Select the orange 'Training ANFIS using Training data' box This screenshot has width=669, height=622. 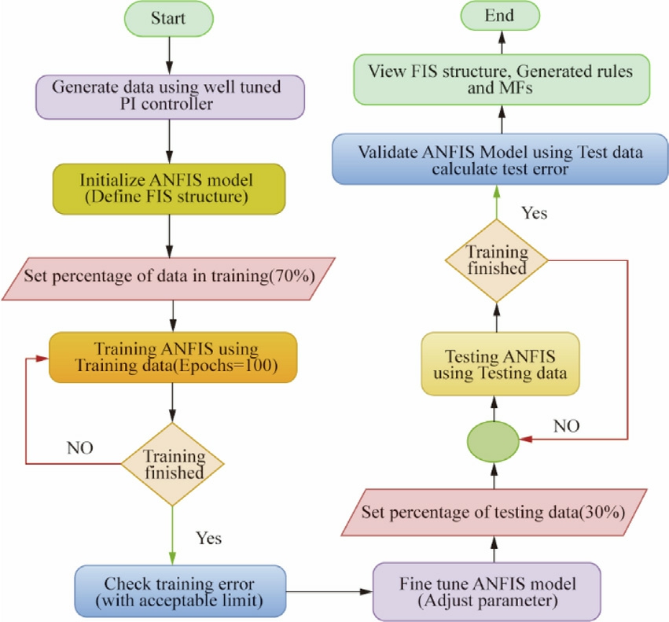tap(173, 358)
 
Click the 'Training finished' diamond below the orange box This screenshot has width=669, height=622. tap(172, 464)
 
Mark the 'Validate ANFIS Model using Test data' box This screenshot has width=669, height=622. tap(500, 160)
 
